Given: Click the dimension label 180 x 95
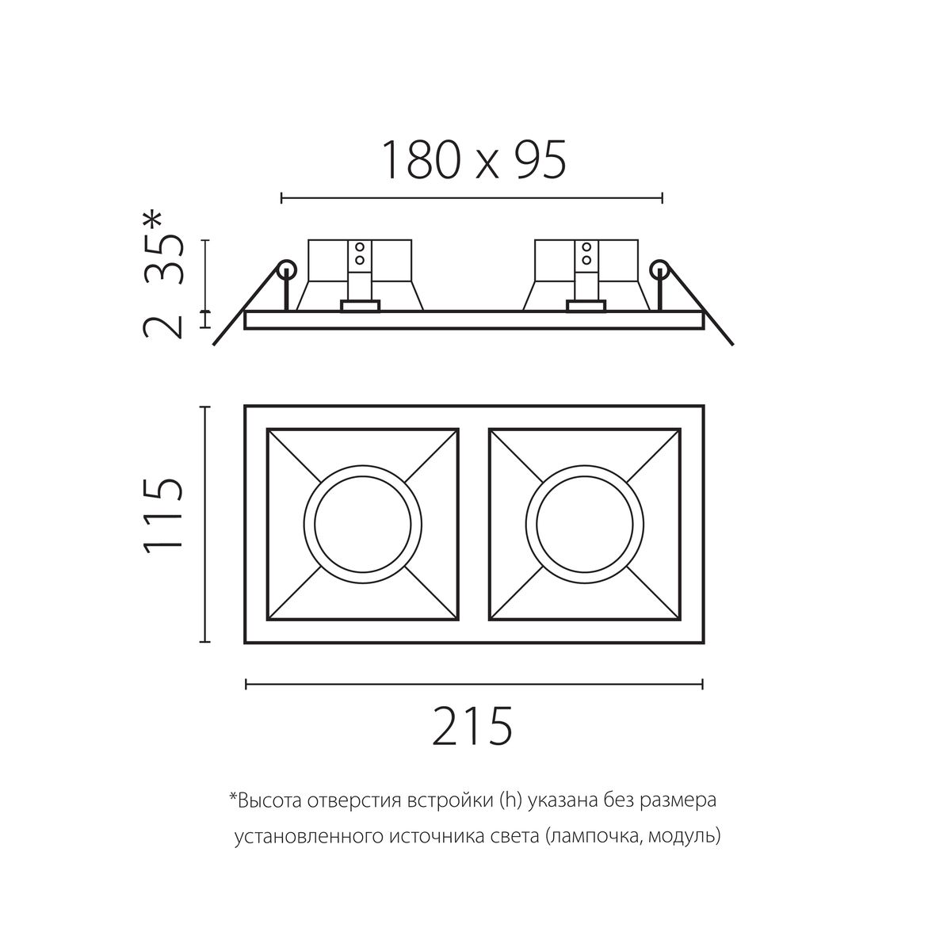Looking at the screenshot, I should [x=473, y=160].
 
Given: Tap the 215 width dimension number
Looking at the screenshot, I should [x=473, y=725].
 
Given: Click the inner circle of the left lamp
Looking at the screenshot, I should [x=362, y=524].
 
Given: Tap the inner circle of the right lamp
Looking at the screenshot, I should [x=584, y=524].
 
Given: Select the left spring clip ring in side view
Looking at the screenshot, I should [x=285, y=269].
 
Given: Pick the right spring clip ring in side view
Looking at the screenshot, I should [x=659, y=269].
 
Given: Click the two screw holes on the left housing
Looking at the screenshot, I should [x=359, y=253].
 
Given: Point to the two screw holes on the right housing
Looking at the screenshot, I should [x=586, y=253].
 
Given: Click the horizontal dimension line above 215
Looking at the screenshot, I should [x=474, y=682].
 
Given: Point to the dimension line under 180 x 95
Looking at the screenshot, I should [x=472, y=197].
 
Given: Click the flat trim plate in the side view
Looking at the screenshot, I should [x=474, y=320].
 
